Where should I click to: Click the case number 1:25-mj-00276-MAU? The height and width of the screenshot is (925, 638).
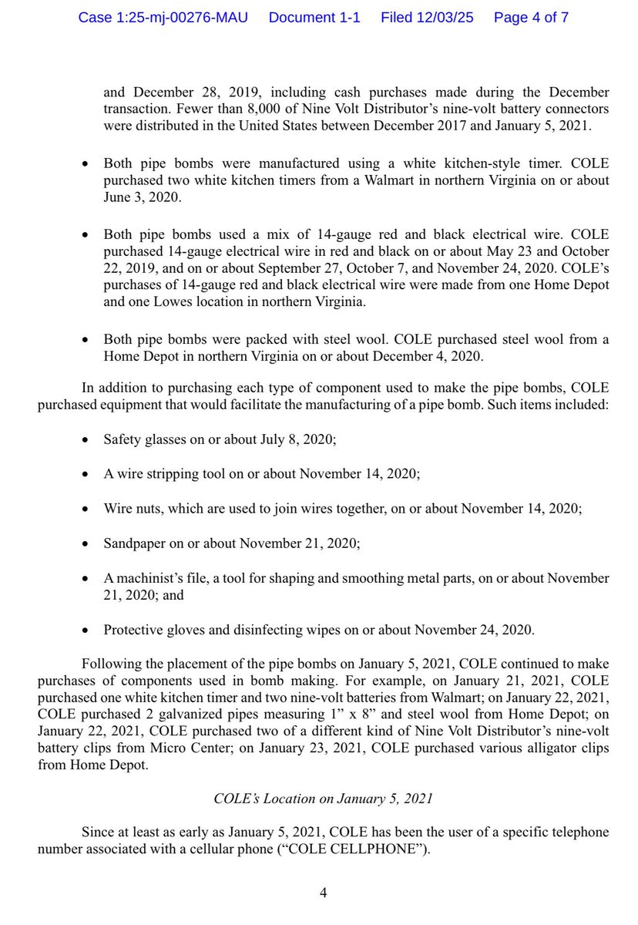point(163,17)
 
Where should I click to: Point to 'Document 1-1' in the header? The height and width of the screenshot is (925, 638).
point(314,17)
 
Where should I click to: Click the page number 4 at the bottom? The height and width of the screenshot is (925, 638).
point(324,893)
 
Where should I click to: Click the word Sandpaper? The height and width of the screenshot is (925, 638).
point(133,543)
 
